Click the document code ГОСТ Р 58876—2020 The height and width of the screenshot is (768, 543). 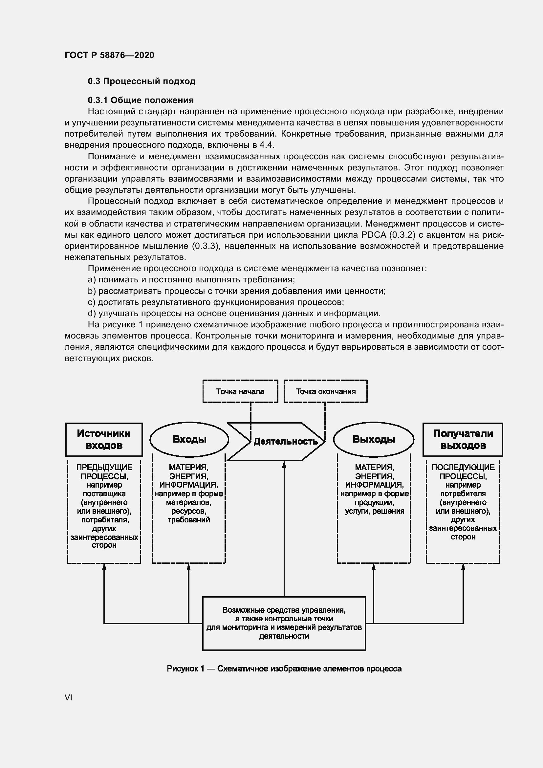point(109,55)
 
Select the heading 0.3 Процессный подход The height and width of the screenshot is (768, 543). point(141,81)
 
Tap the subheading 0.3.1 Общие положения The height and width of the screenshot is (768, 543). point(141,100)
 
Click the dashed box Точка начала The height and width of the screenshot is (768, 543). point(240,391)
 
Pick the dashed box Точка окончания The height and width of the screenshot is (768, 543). point(325,391)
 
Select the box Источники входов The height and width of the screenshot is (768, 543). point(104,440)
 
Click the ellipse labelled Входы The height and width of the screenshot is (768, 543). point(189,439)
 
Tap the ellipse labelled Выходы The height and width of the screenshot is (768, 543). point(374,439)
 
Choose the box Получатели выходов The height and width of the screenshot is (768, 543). point(463,440)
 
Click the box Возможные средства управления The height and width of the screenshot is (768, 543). point(284,623)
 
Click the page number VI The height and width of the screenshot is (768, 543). point(69,698)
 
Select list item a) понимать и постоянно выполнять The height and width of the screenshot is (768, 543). point(191,280)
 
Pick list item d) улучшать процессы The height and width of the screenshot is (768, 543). point(234,314)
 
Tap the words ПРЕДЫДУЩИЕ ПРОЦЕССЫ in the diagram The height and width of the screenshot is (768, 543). point(104,472)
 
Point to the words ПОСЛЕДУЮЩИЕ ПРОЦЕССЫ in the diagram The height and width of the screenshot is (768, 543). point(463,472)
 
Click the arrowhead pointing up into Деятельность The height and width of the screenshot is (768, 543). point(284,464)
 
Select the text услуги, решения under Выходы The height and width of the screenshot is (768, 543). point(375,511)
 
